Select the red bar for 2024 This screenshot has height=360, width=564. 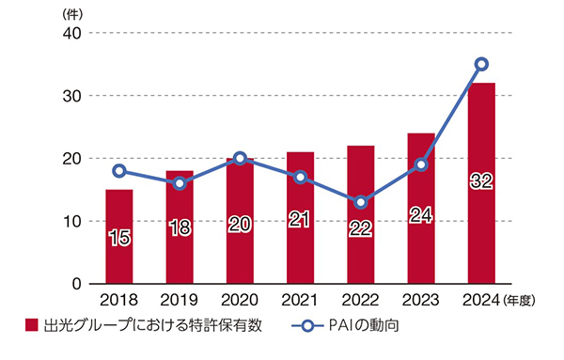click(481, 183)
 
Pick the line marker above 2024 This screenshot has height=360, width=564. click(481, 64)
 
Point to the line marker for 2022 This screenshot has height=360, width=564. click(361, 202)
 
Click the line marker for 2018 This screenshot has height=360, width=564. click(118, 171)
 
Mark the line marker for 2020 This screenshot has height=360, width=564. click(240, 158)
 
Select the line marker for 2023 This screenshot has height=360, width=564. click(421, 164)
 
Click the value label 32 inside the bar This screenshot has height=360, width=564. click(481, 181)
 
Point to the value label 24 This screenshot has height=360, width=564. click(421, 215)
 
